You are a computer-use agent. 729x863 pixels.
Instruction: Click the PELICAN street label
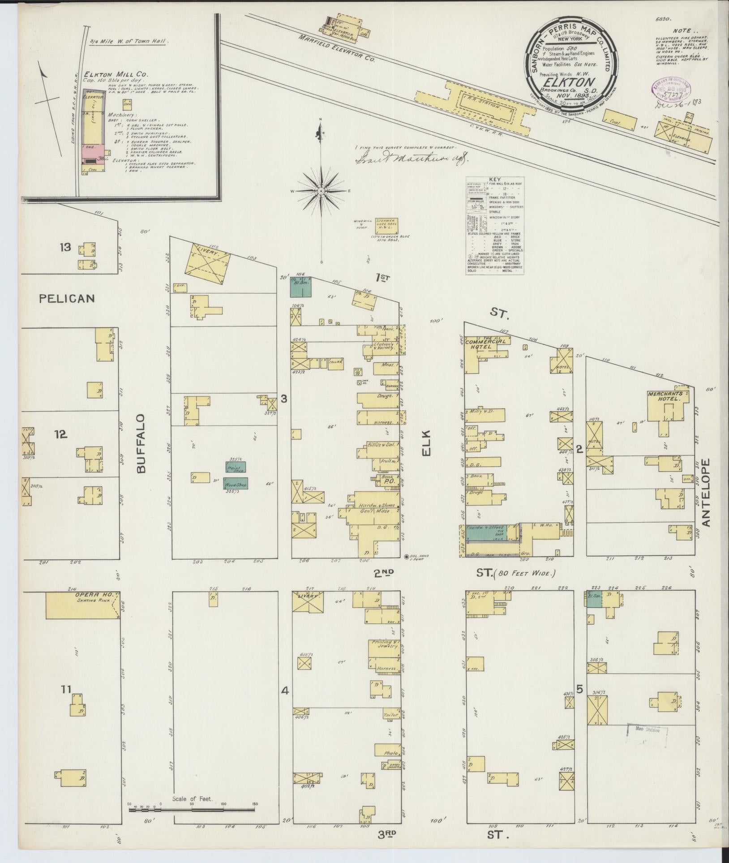[x=67, y=298]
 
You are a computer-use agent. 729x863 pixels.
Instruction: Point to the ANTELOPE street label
[x=706, y=493]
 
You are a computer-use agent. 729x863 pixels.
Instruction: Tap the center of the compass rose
[x=321, y=191]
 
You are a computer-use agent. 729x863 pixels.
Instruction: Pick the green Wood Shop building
[x=236, y=483]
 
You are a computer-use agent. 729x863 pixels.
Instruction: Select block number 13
[x=66, y=247]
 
